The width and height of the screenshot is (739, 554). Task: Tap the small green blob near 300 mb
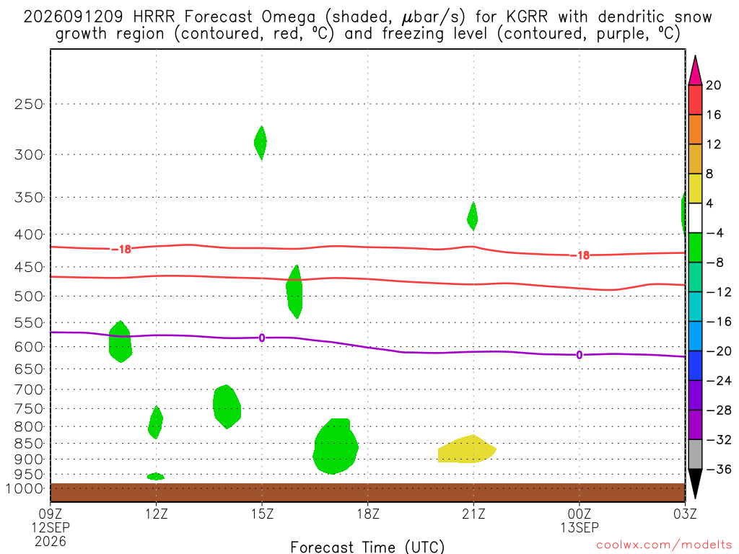coord(261,142)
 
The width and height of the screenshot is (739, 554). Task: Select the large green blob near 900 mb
coord(335,446)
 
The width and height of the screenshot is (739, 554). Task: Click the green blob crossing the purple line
coord(121,341)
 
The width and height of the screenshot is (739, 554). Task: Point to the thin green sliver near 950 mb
coord(156,476)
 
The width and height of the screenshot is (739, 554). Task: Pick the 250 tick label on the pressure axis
coord(29,104)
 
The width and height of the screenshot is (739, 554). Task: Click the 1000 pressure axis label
coord(25,488)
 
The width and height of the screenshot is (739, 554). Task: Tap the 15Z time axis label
coord(262,514)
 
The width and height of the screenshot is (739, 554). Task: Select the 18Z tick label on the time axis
coord(368,514)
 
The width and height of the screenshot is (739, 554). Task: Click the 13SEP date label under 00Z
coord(580,527)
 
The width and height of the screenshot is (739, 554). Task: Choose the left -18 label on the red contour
coord(121,249)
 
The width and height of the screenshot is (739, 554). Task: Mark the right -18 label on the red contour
coord(580,255)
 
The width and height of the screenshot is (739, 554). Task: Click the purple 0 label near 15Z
coord(262,338)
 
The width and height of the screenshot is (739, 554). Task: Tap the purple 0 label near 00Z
coord(580,355)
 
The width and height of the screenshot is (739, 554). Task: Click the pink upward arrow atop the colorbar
coord(695,71)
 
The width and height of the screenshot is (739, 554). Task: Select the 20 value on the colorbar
coord(714,85)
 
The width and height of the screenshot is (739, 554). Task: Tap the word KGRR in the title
coord(527,17)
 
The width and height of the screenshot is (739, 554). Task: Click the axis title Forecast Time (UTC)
coord(367,547)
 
